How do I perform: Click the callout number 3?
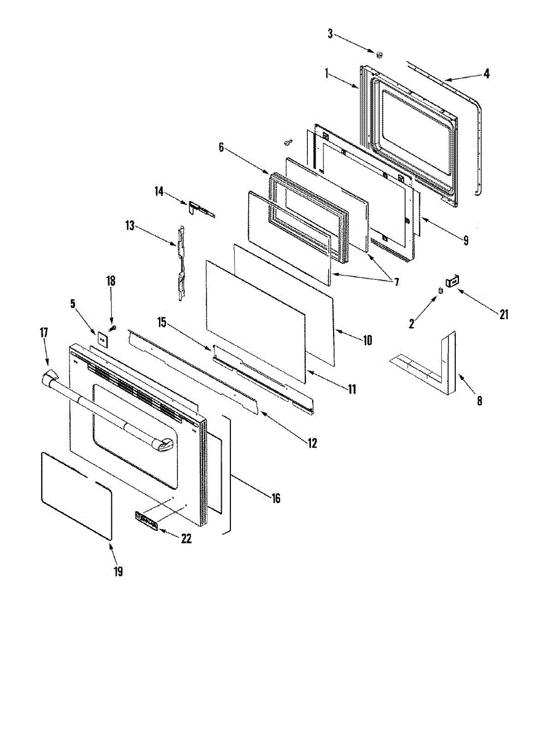[330, 34]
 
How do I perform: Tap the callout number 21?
[504, 314]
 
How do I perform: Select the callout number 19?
[118, 571]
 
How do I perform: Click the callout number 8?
[479, 401]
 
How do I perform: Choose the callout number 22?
[186, 539]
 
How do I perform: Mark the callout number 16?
[276, 498]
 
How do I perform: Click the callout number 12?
[313, 442]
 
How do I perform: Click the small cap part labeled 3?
[379, 55]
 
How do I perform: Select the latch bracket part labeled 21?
[453, 282]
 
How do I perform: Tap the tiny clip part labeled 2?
[441, 290]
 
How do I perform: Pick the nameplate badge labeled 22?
[146, 521]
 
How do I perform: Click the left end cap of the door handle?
[49, 378]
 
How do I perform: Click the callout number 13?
[130, 226]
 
